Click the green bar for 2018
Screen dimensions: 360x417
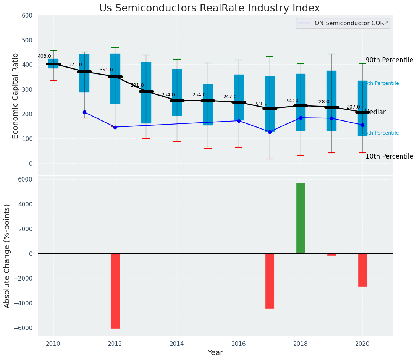coord(301,218)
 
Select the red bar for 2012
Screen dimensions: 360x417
coord(115,291)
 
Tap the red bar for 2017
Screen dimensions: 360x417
coord(270,281)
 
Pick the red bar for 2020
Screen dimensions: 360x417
coord(362,270)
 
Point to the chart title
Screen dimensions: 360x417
coord(210,8)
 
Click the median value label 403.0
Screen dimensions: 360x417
coord(44,56)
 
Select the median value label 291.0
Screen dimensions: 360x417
coord(137,85)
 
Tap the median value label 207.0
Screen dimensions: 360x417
coord(353,107)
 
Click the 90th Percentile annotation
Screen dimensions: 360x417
coord(389,60)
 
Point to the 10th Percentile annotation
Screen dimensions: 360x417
coord(389,156)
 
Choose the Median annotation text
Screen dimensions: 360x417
coord(376,112)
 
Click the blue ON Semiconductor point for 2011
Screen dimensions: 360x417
coord(84,112)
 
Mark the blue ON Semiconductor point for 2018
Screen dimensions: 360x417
coord(301,118)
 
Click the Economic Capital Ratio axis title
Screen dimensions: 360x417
coord(16,96)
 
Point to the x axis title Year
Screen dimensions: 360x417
coord(215,353)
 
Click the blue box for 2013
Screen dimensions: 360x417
coord(146,92)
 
